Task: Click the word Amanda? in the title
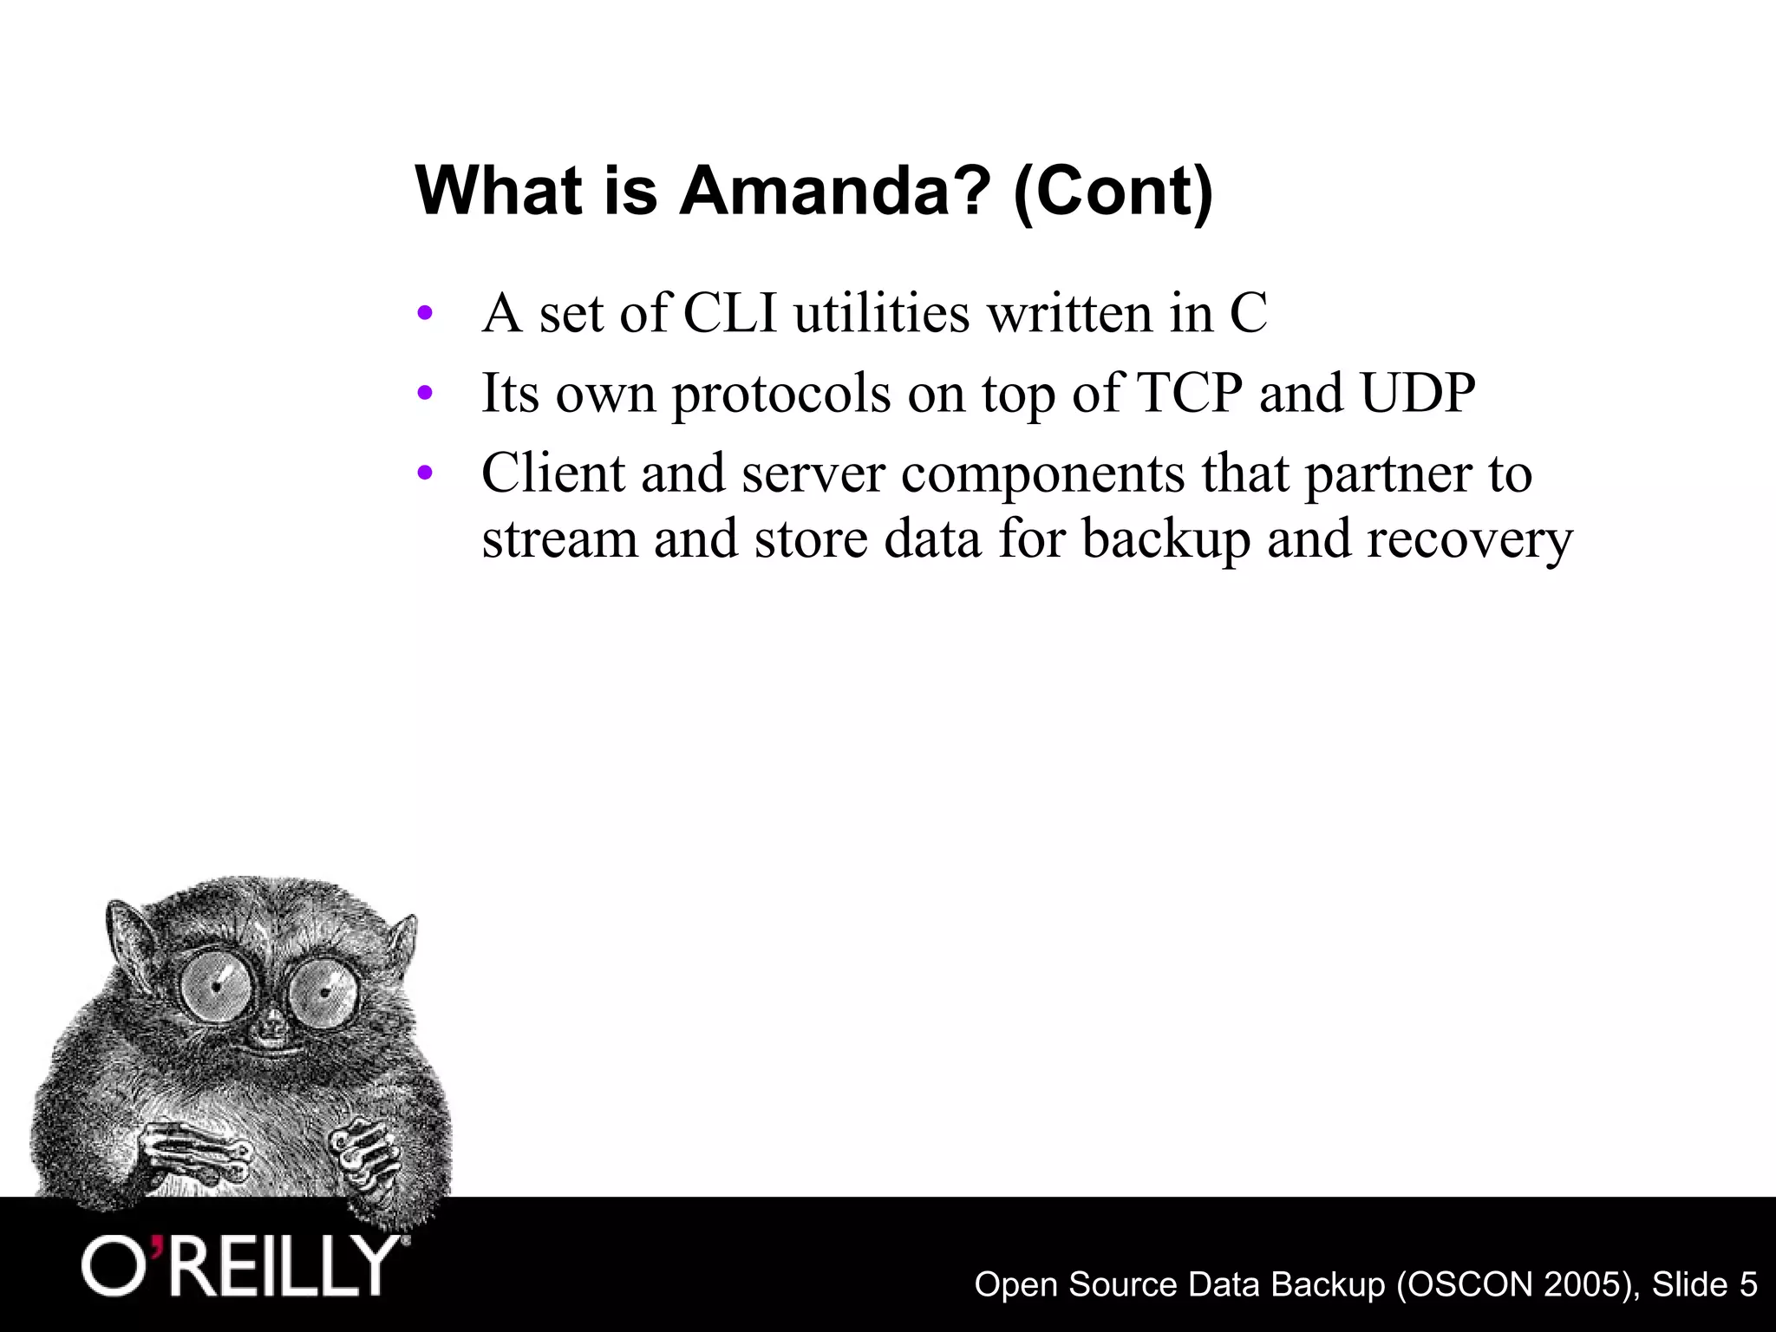pos(834,191)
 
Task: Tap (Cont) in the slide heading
pos(1113,193)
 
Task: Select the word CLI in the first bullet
pos(730,313)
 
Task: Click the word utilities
pos(881,313)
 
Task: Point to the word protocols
pos(780,395)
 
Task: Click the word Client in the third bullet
pos(552,473)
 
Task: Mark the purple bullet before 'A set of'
pos(424,314)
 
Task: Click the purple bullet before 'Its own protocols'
pos(424,395)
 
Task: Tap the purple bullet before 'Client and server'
pos(424,474)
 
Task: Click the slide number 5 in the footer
pos(1747,1283)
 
